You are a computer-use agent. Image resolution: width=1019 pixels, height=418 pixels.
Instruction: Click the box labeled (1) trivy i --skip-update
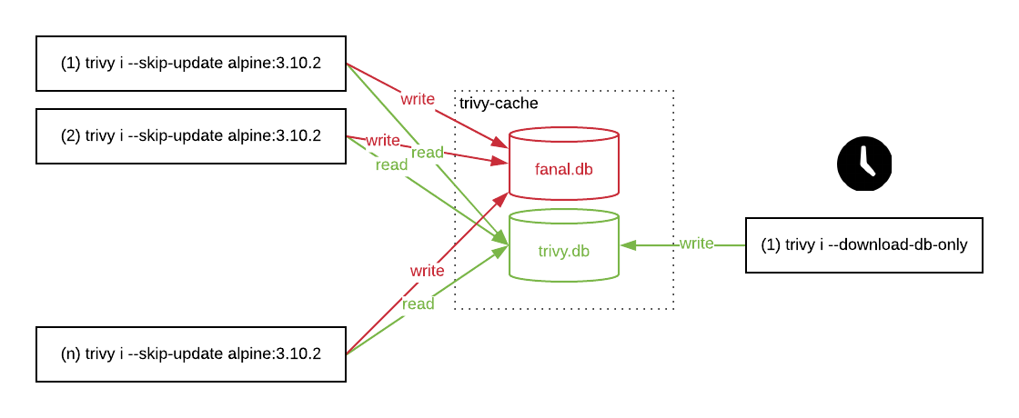pyautogui.click(x=190, y=64)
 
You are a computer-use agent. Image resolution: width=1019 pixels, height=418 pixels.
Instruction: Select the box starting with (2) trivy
pyautogui.click(x=190, y=136)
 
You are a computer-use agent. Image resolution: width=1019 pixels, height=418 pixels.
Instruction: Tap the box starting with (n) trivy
pyautogui.click(x=190, y=354)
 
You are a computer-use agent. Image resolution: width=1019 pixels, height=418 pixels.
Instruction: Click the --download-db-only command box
pyautogui.click(x=863, y=244)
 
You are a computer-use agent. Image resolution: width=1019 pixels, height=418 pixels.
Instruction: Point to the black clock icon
pyautogui.click(x=863, y=164)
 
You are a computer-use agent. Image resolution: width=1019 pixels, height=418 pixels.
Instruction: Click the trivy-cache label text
pyautogui.click(x=499, y=104)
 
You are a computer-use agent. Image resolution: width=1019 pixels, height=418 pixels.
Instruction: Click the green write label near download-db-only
pyautogui.click(x=696, y=244)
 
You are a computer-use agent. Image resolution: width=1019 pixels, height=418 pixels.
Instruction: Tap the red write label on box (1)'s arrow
pyautogui.click(x=418, y=98)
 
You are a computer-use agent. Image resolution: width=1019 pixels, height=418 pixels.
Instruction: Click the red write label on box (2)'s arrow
pyautogui.click(x=383, y=140)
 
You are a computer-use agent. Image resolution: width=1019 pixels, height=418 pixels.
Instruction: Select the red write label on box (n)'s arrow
pyautogui.click(x=427, y=271)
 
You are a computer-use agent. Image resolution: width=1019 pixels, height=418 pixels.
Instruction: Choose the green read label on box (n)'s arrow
pyautogui.click(x=419, y=304)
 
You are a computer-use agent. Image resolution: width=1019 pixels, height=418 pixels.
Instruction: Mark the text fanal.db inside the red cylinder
pyautogui.click(x=563, y=169)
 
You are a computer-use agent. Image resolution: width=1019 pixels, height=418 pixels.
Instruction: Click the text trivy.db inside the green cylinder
pyautogui.click(x=563, y=251)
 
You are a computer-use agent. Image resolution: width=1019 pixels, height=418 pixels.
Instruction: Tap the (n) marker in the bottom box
pyautogui.click(x=71, y=354)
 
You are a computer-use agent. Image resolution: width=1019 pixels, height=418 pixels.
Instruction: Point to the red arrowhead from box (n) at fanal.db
pyautogui.click(x=501, y=197)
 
